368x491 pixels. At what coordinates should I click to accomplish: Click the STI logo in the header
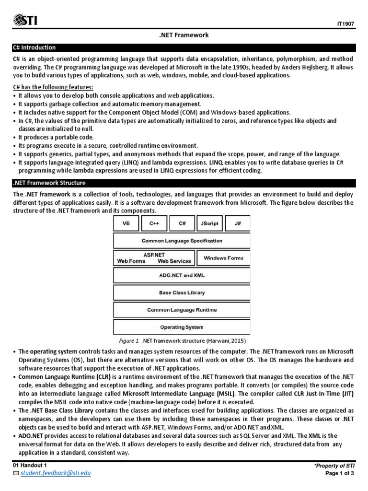(x=26, y=21)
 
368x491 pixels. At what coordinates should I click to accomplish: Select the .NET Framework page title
(x=184, y=35)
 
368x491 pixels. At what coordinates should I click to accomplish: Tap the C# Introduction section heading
(x=34, y=47)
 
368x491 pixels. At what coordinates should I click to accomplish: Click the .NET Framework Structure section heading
(x=50, y=183)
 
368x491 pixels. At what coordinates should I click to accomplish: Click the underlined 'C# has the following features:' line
(x=52, y=87)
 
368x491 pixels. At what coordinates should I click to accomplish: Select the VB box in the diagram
(x=126, y=223)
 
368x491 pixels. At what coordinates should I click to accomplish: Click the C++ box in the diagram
(x=154, y=223)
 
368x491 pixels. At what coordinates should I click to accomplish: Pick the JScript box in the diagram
(x=210, y=223)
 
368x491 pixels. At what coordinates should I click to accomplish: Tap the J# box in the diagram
(x=238, y=223)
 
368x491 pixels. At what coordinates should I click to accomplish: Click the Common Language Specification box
(x=182, y=241)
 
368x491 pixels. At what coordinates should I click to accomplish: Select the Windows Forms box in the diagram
(x=223, y=258)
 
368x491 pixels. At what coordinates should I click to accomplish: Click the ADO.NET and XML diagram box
(x=182, y=275)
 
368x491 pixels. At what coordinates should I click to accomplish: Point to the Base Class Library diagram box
(x=182, y=292)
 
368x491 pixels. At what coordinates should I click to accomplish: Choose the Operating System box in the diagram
(x=182, y=327)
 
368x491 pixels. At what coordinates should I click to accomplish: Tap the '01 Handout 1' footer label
(x=30, y=466)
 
